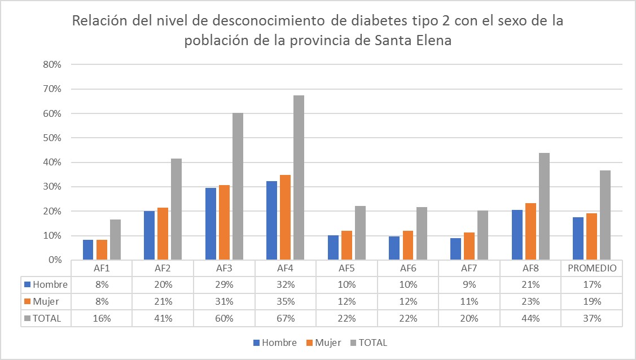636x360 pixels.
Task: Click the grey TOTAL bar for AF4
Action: (x=299, y=178)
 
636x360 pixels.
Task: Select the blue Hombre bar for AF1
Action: (x=88, y=250)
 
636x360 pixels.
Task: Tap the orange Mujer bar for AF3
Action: (x=224, y=222)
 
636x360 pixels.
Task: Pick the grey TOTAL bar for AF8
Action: (x=544, y=207)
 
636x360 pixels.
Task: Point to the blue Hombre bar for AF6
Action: (x=394, y=248)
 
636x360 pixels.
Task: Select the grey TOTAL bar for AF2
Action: (x=177, y=209)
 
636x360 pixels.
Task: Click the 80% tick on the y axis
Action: (x=52, y=64)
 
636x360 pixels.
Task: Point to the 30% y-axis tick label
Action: (x=52, y=187)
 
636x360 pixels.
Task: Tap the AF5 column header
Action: (x=347, y=269)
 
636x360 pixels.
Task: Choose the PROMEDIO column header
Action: (x=592, y=269)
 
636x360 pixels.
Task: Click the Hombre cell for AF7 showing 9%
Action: (x=470, y=285)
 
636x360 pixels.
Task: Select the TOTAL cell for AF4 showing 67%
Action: (x=286, y=319)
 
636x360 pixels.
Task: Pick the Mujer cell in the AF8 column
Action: (x=530, y=302)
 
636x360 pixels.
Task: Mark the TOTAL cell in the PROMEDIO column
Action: (x=592, y=319)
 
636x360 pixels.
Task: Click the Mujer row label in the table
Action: (x=46, y=302)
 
